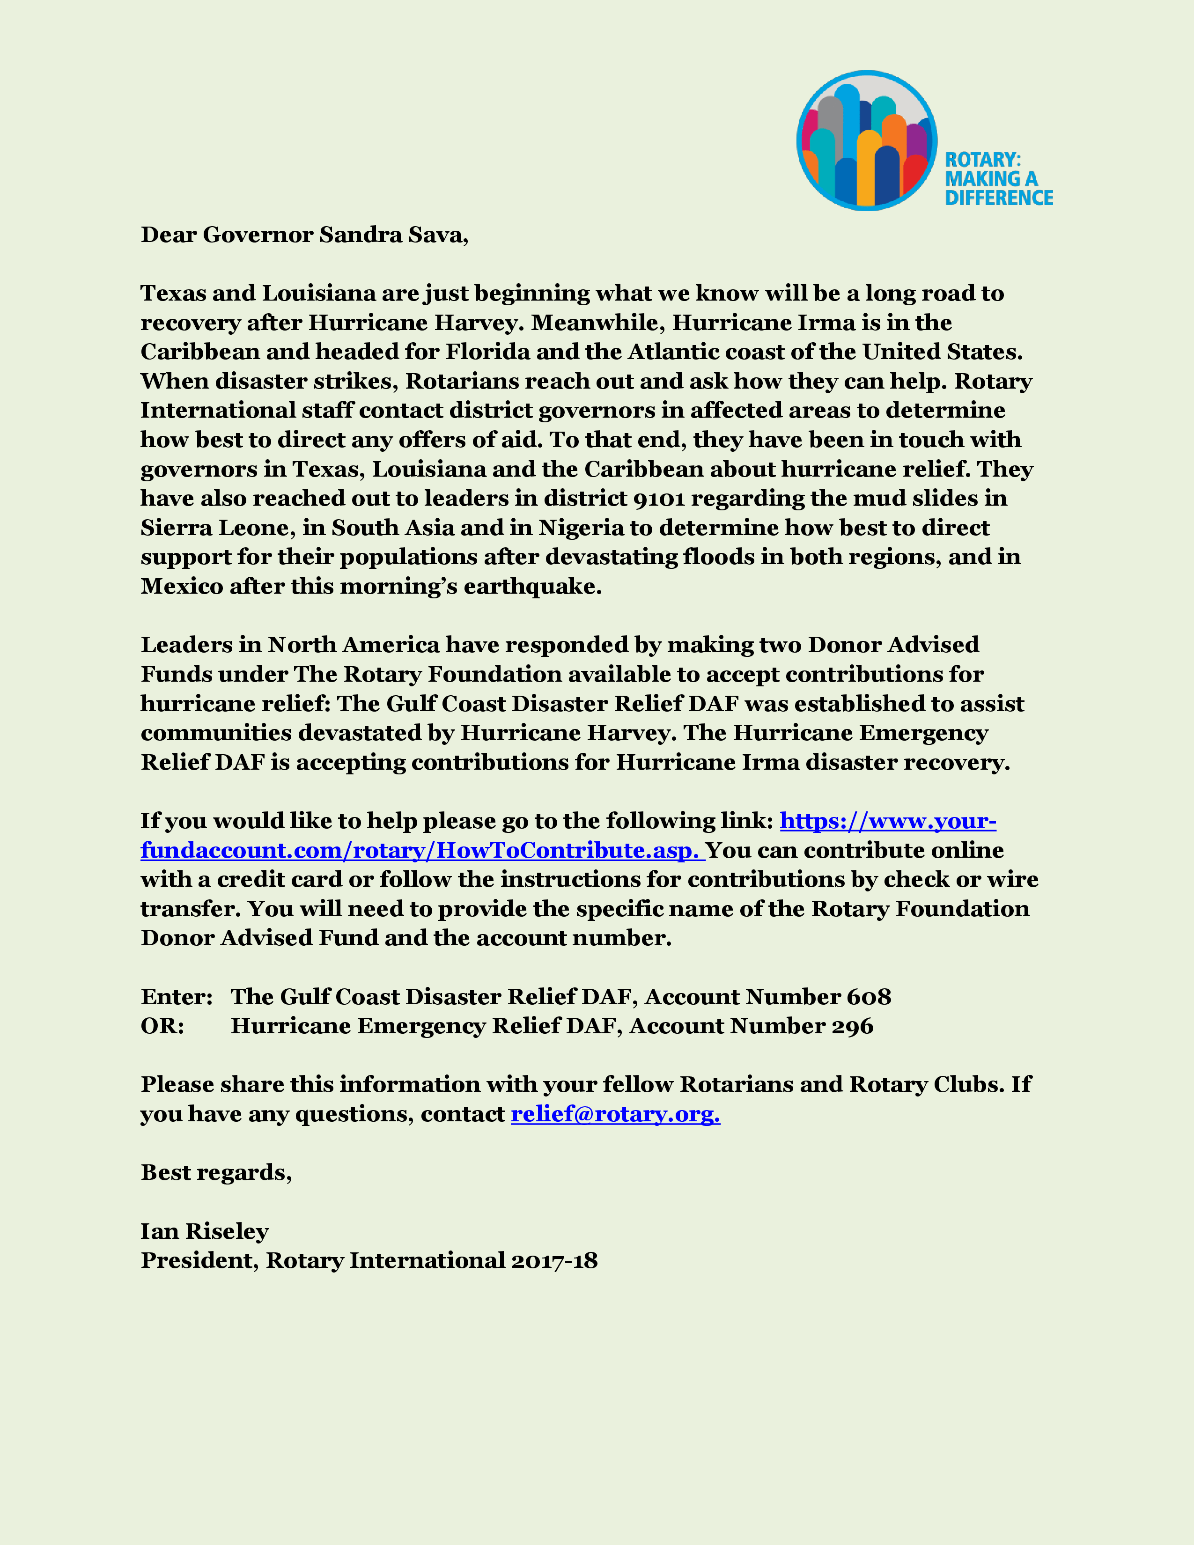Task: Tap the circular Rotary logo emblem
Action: pos(867,141)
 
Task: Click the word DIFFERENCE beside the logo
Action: pos(999,198)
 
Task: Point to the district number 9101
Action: pos(658,499)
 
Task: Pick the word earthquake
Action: pos(532,587)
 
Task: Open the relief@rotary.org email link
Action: pos(615,1114)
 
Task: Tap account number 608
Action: pos(869,997)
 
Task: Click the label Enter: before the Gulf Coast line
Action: pos(176,997)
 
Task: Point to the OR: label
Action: pos(162,1026)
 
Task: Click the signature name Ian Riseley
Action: pos(205,1232)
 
